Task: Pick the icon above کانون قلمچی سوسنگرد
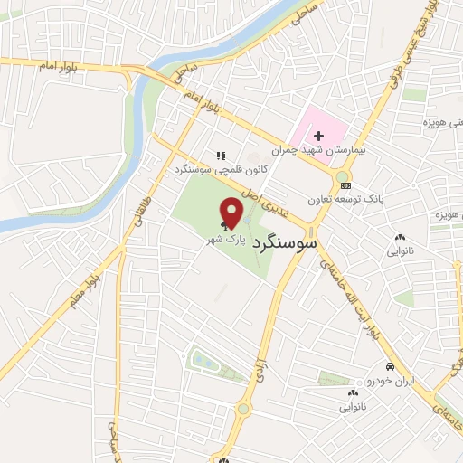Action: (221, 156)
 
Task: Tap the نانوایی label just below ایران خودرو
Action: (354, 407)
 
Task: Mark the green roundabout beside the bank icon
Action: (342, 175)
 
